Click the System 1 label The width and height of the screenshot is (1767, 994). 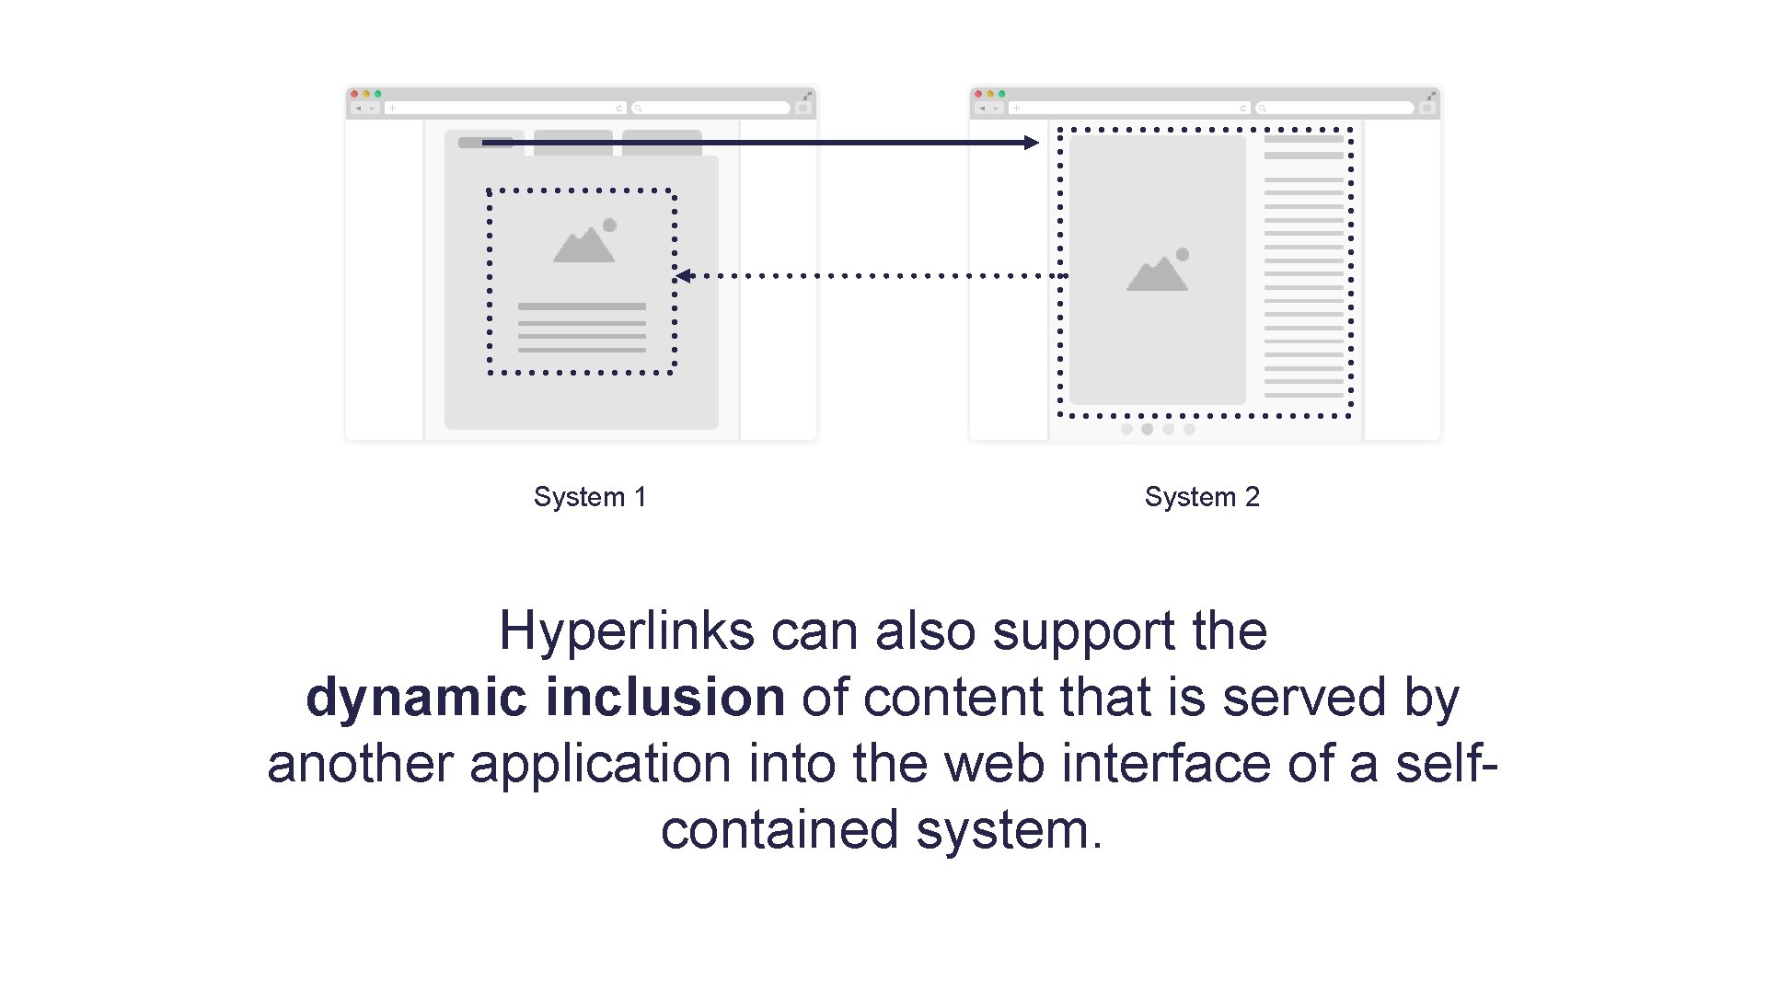(x=590, y=497)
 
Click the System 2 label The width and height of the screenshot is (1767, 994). (x=1201, y=497)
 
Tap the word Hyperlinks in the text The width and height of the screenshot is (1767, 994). (x=626, y=631)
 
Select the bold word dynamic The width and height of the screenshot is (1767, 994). (x=416, y=698)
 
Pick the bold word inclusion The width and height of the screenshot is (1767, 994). (x=664, y=698)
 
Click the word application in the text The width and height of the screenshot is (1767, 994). (x=600, y=764)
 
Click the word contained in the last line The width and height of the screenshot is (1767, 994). (x=779, y=830)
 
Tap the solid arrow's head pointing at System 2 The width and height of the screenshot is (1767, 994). (x=1032, y=143)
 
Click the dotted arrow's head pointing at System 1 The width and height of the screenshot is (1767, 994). (x=683, y=275)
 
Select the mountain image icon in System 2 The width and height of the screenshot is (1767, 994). (x=1158, y=271)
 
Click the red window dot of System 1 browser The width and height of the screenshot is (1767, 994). (x=354, y=94)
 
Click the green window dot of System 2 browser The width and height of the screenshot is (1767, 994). (x=1002, y=94)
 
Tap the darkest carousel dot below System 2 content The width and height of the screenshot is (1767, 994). (x=1147, y=429)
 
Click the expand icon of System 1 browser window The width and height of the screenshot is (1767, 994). (x=807, y=95)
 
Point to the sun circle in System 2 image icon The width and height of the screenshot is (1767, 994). (x=1183, y=254)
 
